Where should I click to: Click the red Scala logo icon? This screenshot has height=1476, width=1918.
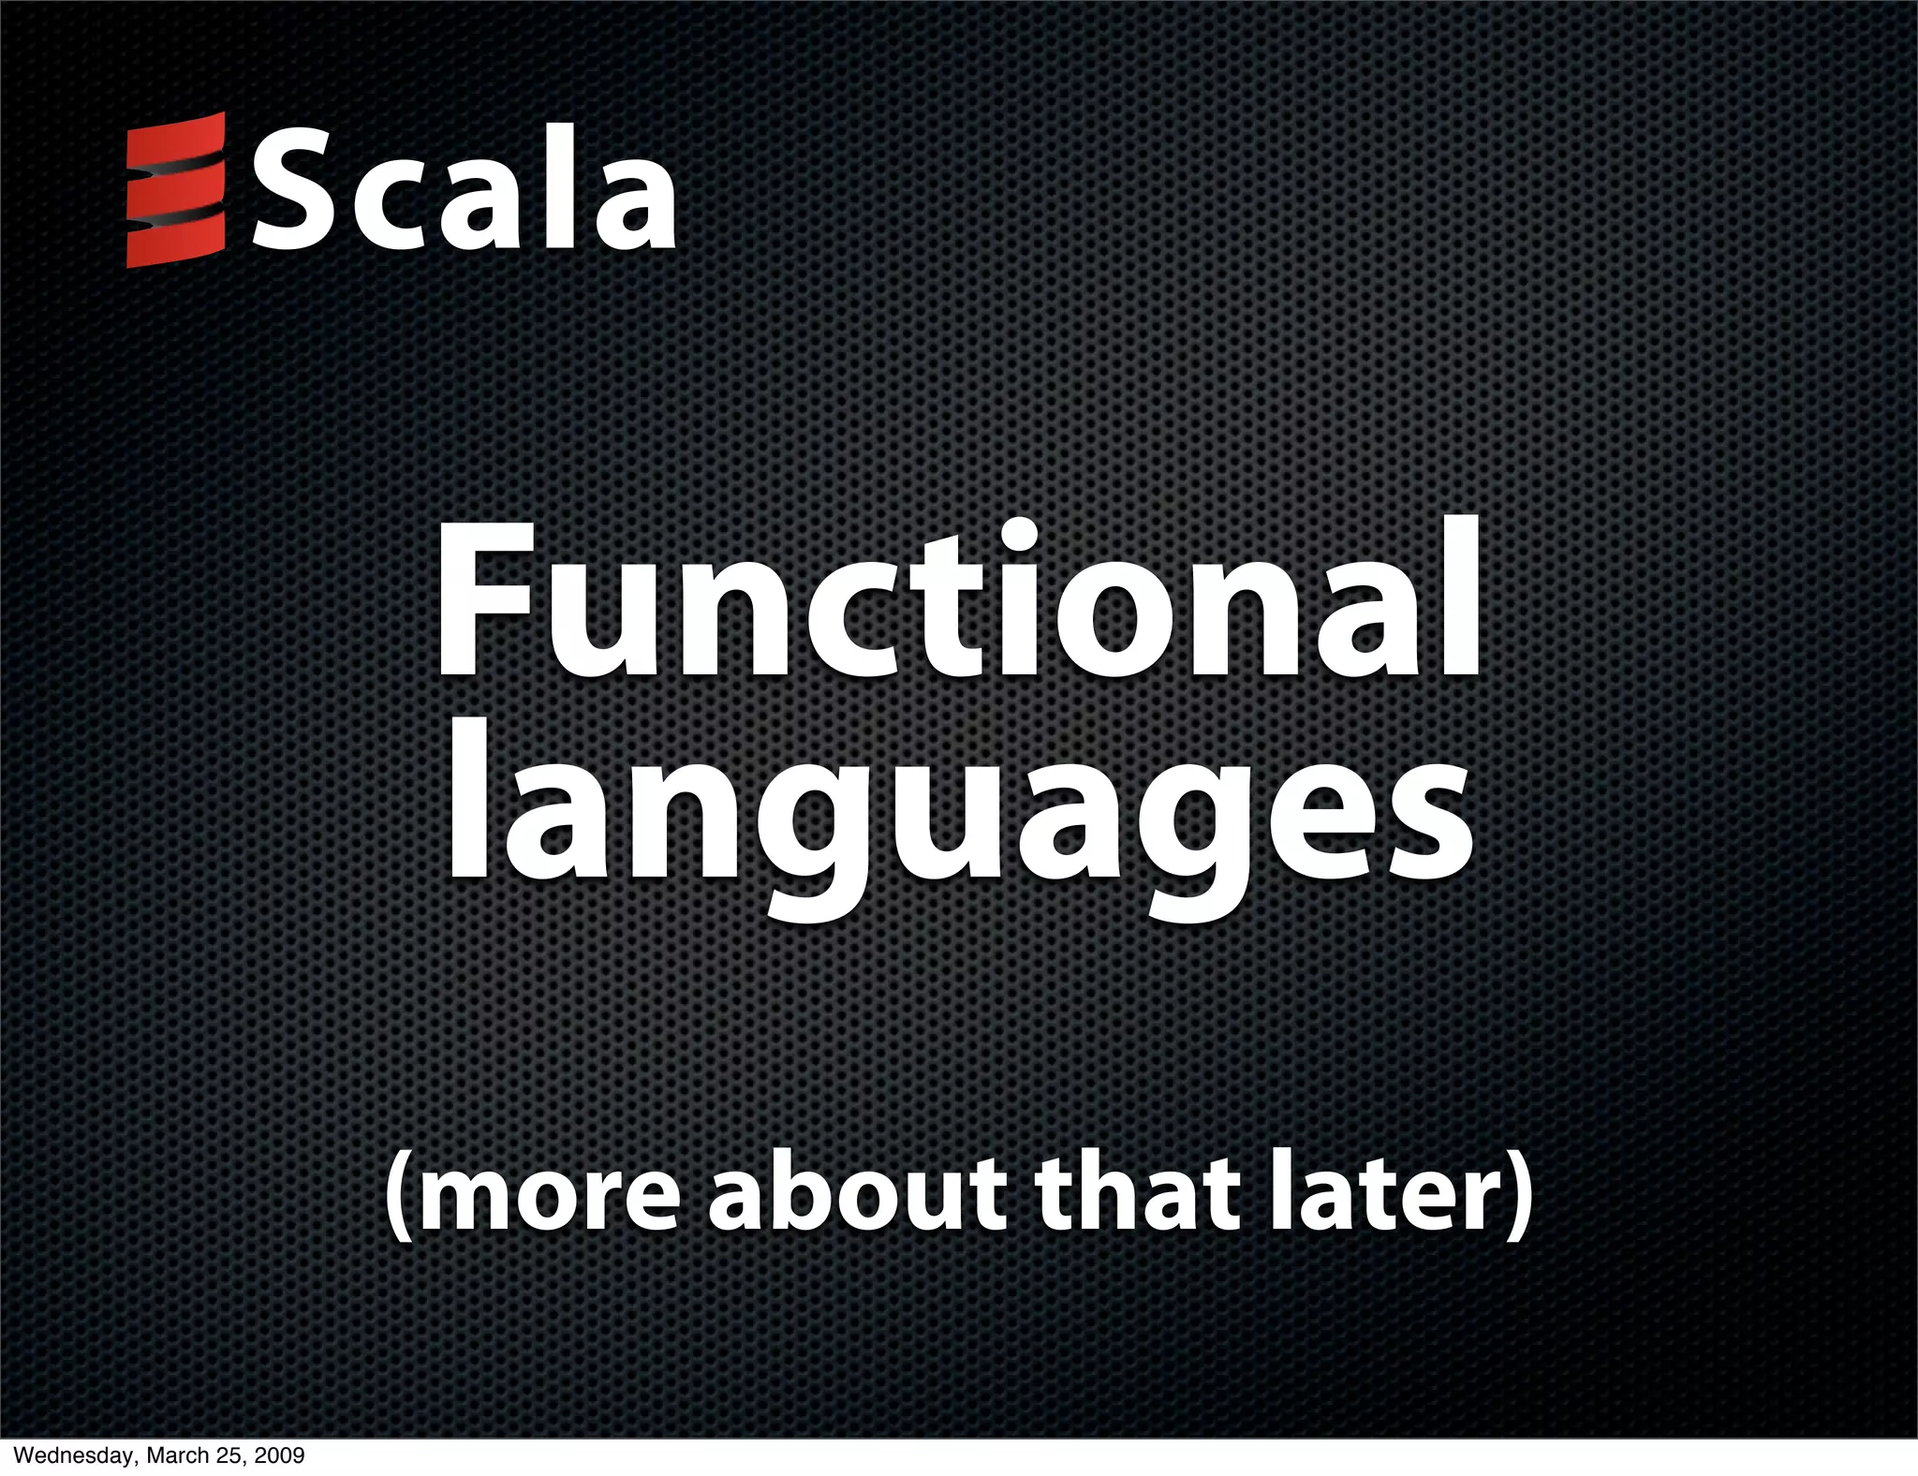click(x=176, y=190)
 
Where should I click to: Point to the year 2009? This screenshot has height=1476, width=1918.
click(x=277, y=1456)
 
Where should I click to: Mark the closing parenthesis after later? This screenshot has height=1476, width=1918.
click(x=1517, y=1202)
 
